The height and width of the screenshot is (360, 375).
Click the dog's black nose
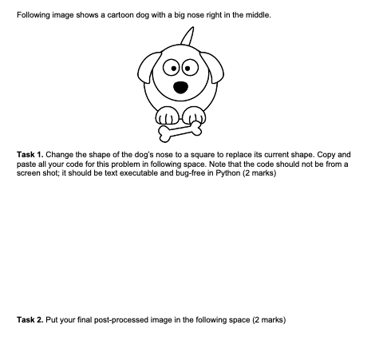181,86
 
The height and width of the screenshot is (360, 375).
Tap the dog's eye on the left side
171,67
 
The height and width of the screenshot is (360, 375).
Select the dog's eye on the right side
190,67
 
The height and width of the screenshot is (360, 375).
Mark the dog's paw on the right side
193,113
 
